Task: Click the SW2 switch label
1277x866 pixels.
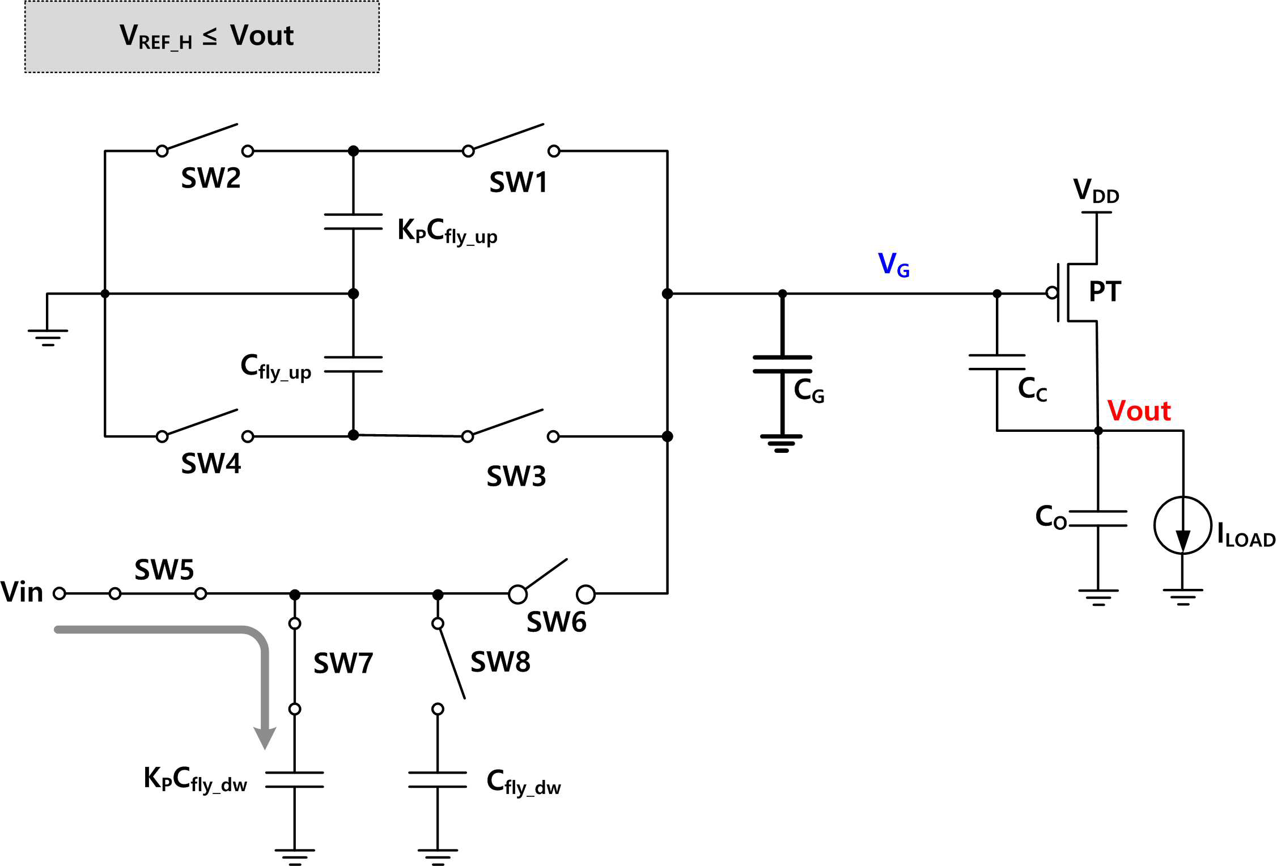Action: click(211, 178)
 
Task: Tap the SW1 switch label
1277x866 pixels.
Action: click(518, 182)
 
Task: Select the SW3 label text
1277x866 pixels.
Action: click(516, 476)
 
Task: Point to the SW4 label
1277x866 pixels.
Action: click(211, 464)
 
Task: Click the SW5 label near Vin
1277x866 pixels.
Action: click(164, 570)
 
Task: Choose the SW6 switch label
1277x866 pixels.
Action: click(557, 622)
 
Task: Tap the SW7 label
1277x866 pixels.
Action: click(343, 663)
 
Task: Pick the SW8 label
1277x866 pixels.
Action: click(500, 661)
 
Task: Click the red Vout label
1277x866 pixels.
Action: click(1139, 410)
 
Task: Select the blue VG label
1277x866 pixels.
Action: click(894, 264)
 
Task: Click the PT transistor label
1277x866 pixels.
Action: click(1105, 291)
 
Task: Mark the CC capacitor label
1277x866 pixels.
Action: click(1032, 389)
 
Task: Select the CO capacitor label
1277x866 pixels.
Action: click(1051, 517)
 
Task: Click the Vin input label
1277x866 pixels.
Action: click(22, 592)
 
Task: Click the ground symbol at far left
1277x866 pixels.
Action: click(48, 337)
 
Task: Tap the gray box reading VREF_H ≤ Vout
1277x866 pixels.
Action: click(202, 36)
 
